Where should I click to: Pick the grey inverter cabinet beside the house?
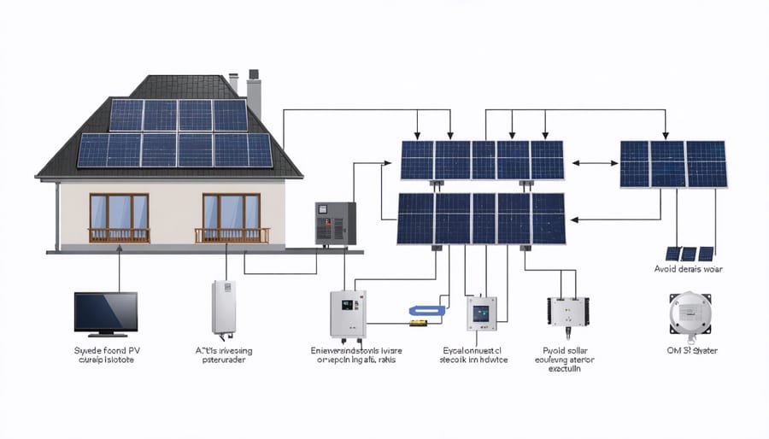pyautogui.click(x=335, y=224)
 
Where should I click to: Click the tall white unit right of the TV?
pyautogui.click(x=223, y=307)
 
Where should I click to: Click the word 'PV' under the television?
pyautogui.click(x=130, y=350)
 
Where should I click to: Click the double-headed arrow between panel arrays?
pyautogui.click(x=590, y=161)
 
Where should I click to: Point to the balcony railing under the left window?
pyautogui.click(x=119, y=235)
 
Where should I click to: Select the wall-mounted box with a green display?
pyautogui.click(x=348, y=313)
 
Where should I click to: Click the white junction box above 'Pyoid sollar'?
pyautogui.click(x=565, y=313)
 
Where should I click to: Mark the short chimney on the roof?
pyautogui.click(x=232, y=83)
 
